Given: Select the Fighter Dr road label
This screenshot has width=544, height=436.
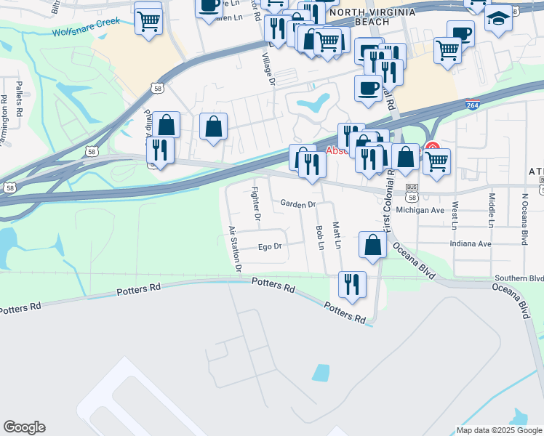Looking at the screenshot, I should tap(255, 203).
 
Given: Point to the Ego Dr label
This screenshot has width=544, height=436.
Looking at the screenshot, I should tap(269, 247).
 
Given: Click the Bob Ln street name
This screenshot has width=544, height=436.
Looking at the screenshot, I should tap(319, 237).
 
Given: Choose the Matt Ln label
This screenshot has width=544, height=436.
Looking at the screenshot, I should tap(337, 235).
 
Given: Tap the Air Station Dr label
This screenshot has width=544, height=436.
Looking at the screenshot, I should tap(235, 249).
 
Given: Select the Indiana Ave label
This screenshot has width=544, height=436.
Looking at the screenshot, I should tap(471, 243).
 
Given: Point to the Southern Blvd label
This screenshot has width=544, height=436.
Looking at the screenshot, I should tap(519, 278).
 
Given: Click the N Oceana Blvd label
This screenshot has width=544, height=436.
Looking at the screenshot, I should tap(523, 218).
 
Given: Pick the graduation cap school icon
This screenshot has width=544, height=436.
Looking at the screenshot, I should tap(498, 18).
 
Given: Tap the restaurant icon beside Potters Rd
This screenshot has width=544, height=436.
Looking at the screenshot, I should tap(352, 284).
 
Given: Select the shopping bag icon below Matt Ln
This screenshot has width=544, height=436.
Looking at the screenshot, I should tap(372, 246).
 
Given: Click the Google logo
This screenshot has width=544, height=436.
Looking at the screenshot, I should tap(24, 427).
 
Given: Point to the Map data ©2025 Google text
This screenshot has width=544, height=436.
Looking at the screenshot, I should tap(498, 430).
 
